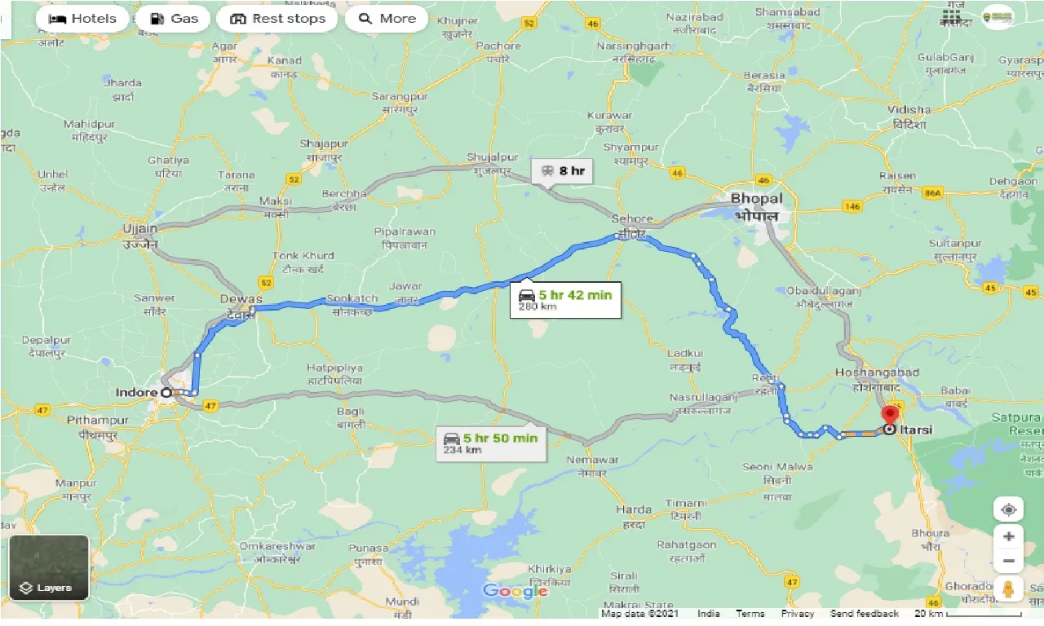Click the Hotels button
(82, 19)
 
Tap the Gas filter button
(173, 19)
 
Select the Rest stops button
(277, 19)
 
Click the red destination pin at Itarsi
(891, 418)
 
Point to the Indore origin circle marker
(166, 392)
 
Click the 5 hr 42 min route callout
(565, 300)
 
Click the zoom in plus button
(1009, 536)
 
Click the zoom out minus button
(1009, 562)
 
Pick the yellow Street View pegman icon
(1009, 589)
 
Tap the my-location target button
(1009, 509)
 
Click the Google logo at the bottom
(515, 591)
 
